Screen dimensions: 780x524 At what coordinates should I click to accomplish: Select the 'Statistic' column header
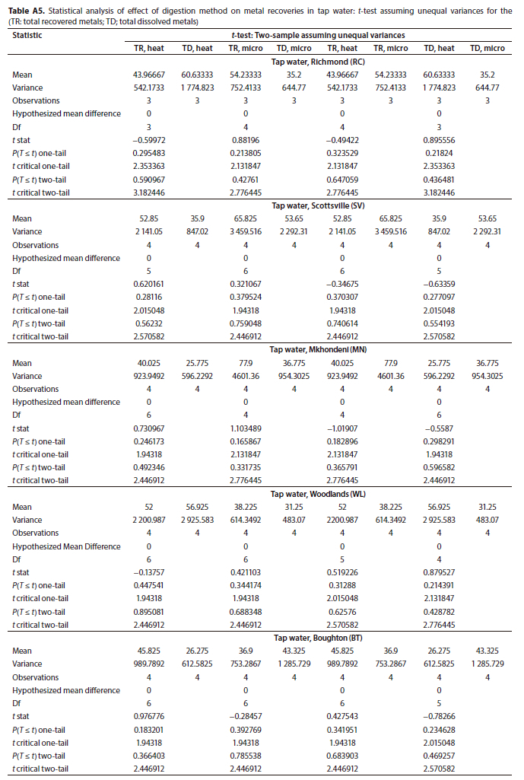[27, 35]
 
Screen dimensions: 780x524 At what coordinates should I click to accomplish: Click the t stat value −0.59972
[148, 141]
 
